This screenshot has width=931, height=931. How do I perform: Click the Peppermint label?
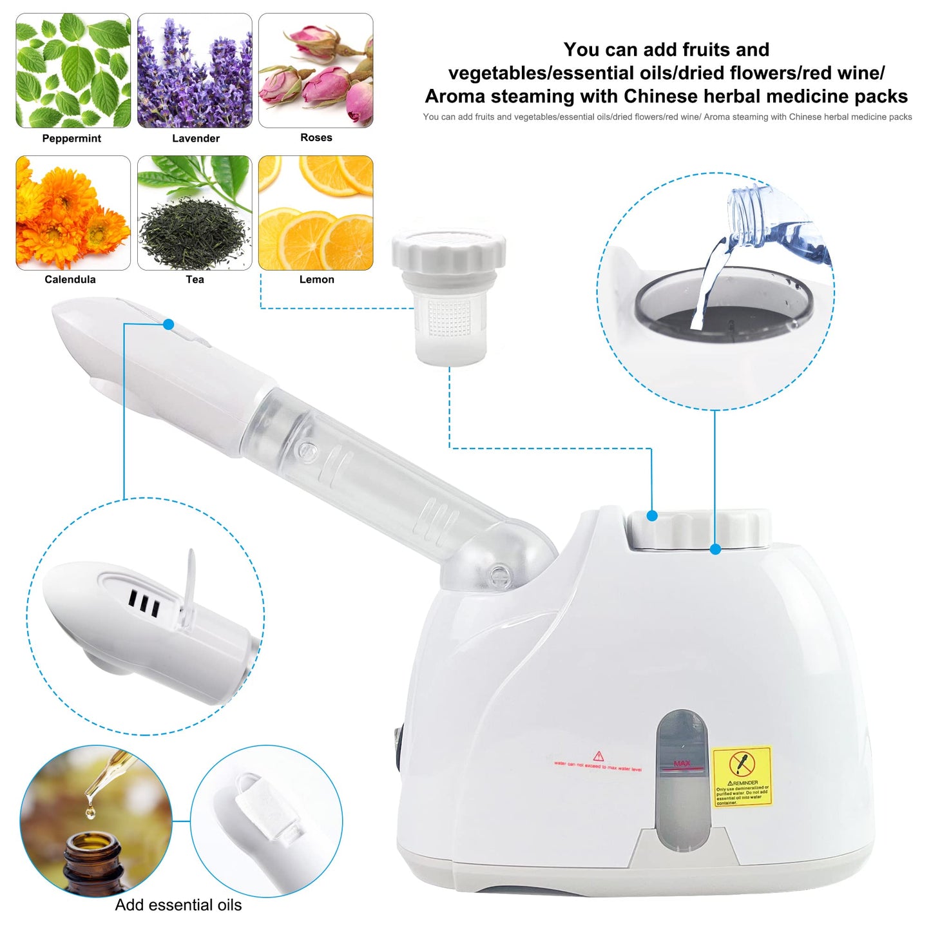click(72, 139)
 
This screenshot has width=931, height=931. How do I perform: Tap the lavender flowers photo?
click(195, 71)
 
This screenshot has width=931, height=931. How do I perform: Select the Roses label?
click(316, 138)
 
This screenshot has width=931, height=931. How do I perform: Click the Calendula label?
click(70, 280)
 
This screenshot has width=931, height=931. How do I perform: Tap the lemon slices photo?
click(316, 213)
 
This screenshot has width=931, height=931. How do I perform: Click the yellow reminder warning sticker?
click(742, 776)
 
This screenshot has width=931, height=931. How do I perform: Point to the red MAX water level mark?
click(682, 764)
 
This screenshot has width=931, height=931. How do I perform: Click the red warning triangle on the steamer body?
click(599, 756)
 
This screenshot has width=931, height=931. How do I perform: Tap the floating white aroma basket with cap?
click(449, 296)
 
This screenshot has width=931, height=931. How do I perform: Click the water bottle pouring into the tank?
click(773, 222)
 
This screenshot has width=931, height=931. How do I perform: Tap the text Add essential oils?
click(178, 905)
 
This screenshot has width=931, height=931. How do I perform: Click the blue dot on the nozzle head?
click(169, 325)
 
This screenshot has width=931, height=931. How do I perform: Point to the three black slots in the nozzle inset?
click(144, 602)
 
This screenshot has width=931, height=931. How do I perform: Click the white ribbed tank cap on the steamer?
click(699, 530)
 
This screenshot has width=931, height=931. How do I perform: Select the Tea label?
click(195, 280)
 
